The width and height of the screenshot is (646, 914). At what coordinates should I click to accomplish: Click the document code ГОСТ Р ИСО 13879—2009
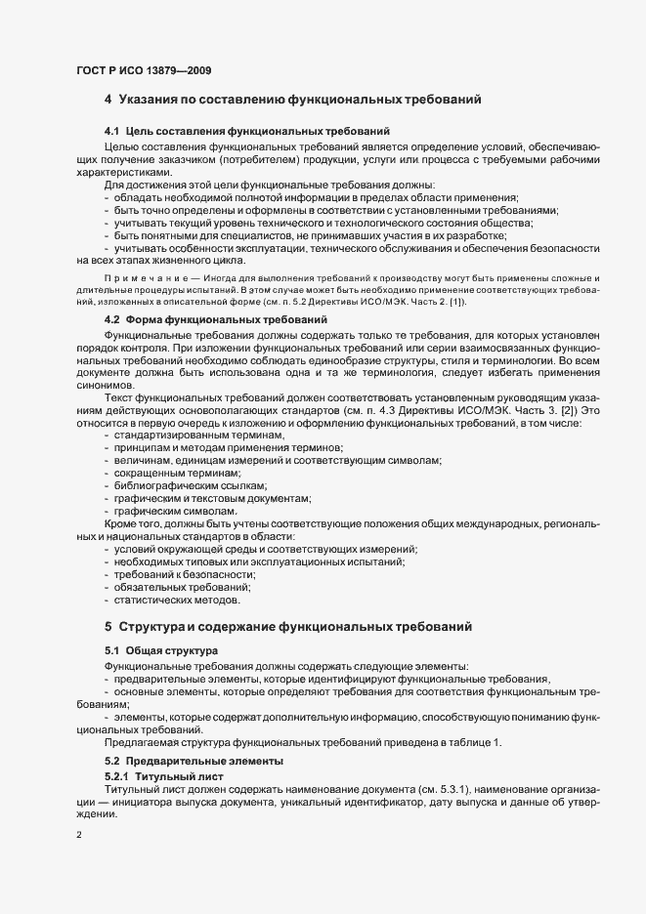144,71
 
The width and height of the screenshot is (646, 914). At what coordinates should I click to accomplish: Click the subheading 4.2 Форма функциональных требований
215,319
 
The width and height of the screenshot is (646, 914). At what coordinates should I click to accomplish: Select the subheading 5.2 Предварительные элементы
194,760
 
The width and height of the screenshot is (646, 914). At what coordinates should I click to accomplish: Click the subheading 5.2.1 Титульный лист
164,775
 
